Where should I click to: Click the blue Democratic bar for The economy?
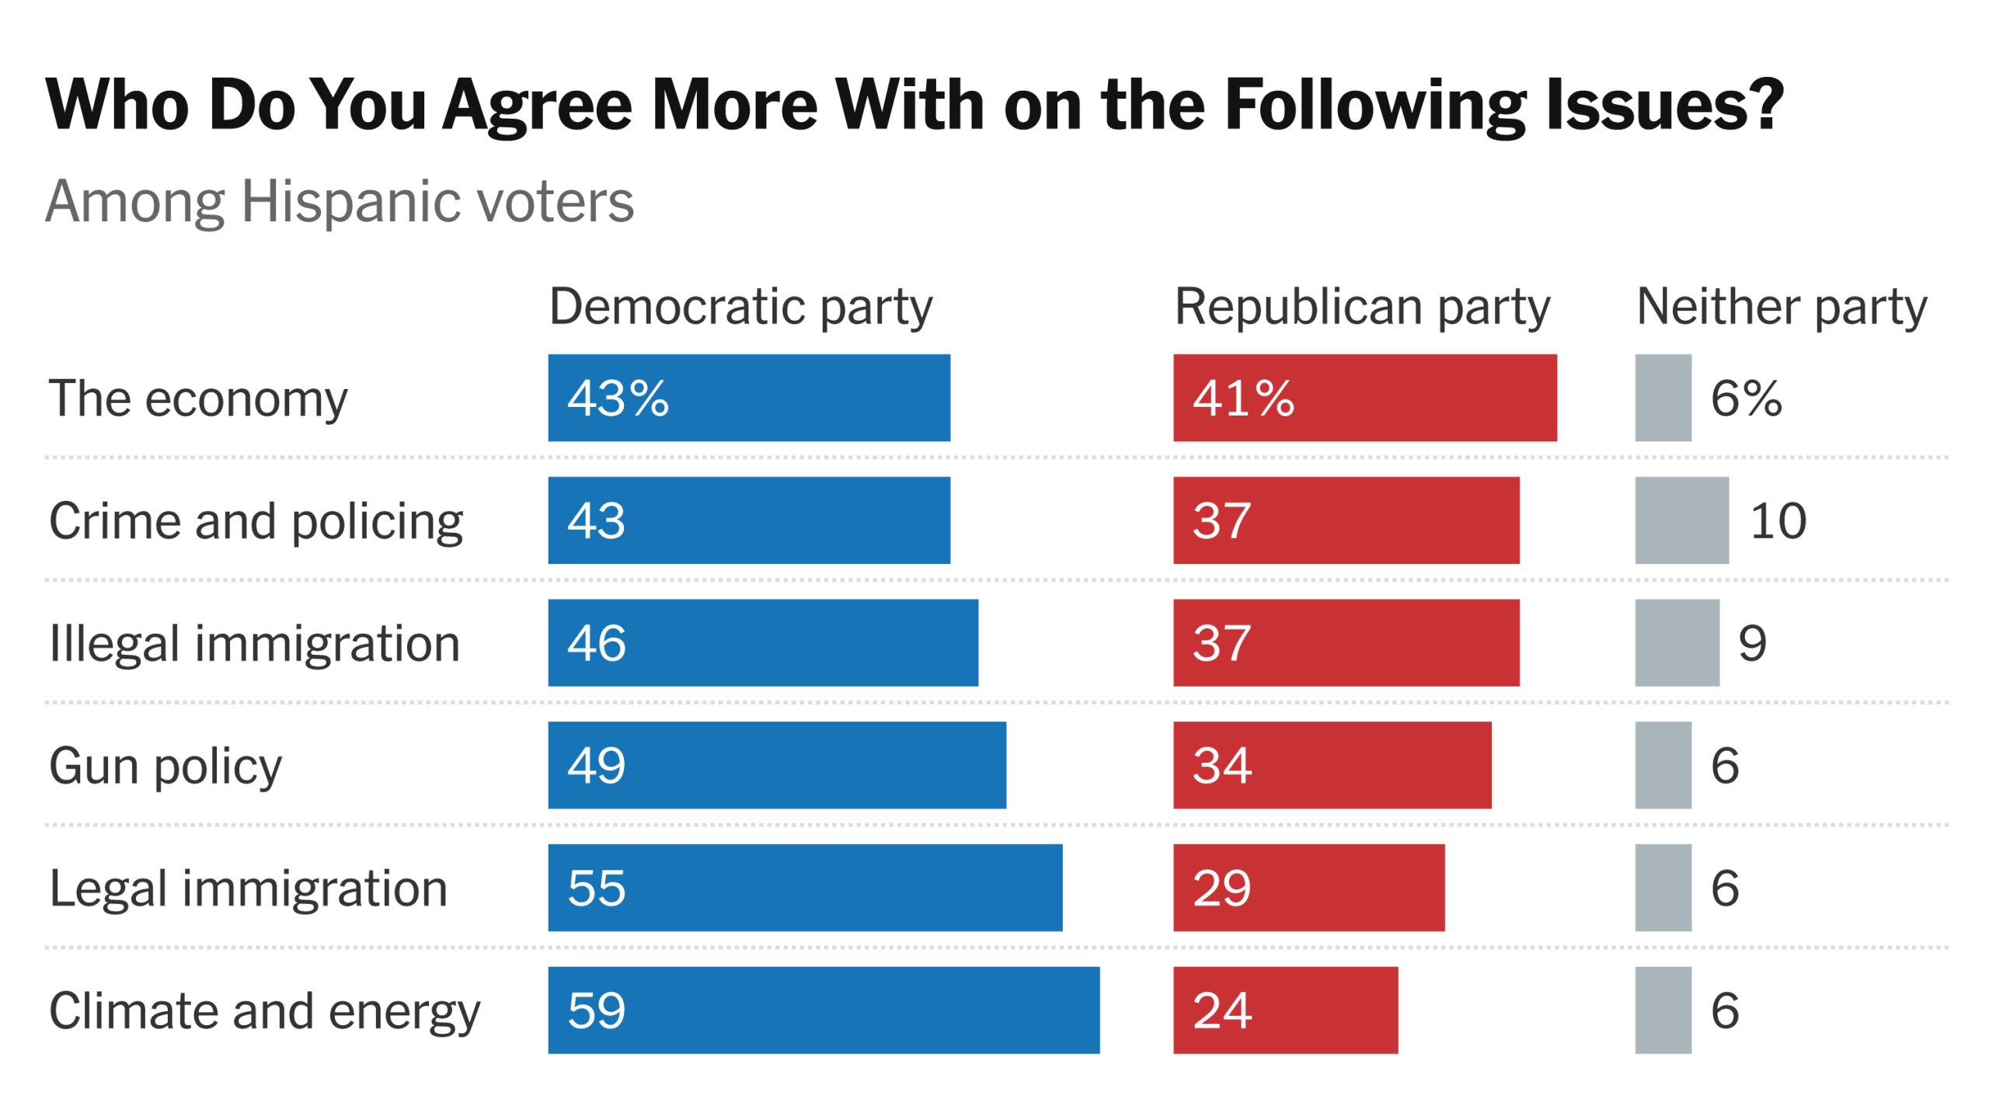(x=748, y=398)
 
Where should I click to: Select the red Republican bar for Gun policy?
(x=1332, y=765)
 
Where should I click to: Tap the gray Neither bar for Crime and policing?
(x=1681, y=520)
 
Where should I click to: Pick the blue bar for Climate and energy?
(x=824, y=1010)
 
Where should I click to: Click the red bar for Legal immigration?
(x=1308, y=887)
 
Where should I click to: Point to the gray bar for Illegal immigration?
(x=1677, y=642)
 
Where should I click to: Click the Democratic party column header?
(x=740, y=307)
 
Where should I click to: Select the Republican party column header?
(x=1362, y=307)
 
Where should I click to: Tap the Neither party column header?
(x=1781, y=307)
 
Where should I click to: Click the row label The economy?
(x=198, y=399)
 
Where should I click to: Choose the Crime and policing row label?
(x=256, y=521)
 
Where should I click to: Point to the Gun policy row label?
(x=165, y=767)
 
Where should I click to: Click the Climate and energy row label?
(x=265, y=1011)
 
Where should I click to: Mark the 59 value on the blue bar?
(x=596, y=1010)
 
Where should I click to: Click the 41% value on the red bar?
(x=1243, y=398)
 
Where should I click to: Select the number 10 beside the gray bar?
(x=1778, y=520)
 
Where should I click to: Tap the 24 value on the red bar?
(x=1222, y=1010)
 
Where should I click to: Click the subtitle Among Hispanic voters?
(x=340, y=201)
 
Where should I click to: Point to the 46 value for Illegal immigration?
(x=596, y=643)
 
